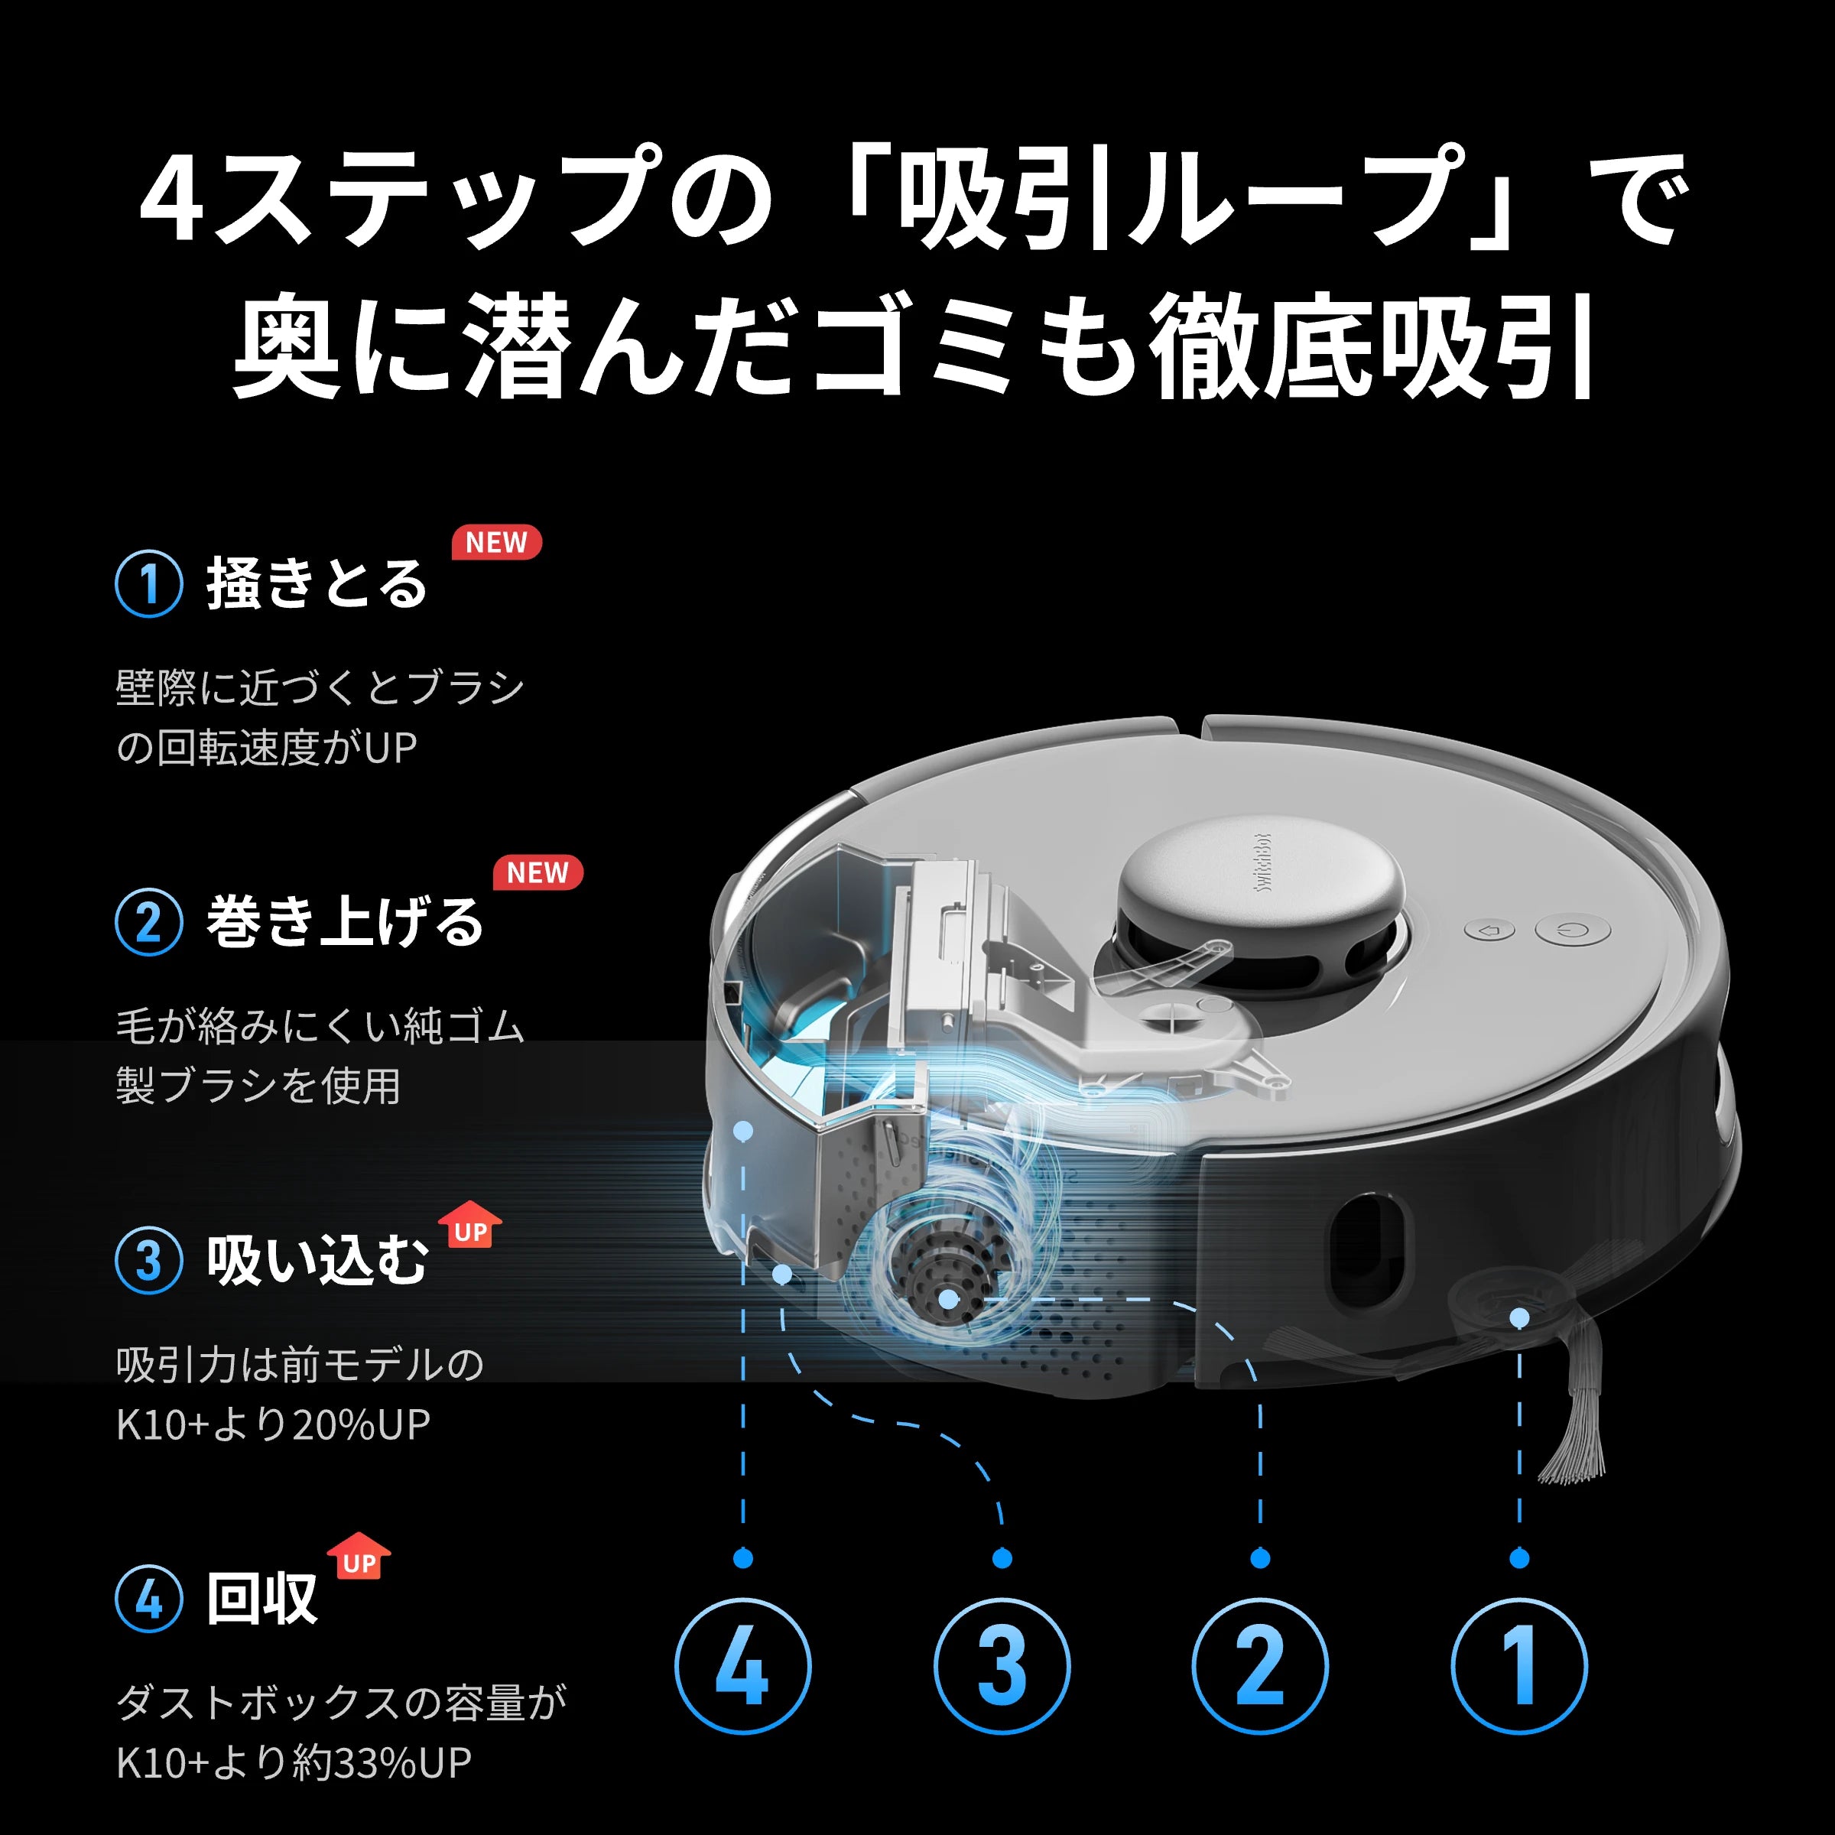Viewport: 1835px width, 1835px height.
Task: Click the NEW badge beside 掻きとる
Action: [x=495, y=542]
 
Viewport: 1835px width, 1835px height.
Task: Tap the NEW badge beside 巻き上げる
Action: [x=538, y=872]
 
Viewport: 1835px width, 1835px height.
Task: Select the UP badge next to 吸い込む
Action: [x=470, y=1226]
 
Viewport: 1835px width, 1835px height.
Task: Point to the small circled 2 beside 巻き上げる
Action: [x=149, y=921]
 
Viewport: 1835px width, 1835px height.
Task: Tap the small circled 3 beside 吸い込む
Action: [x=149, y=1260]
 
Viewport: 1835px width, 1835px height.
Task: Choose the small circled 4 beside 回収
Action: [x=149, y=1599]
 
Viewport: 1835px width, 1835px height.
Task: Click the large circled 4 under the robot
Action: [x=742, y=1666]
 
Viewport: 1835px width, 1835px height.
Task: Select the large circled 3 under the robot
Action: [x=1002, y=1666]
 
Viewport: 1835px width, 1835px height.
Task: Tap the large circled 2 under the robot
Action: [x=1260, y=1666]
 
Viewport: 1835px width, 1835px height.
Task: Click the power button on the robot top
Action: [x=1585, y=930]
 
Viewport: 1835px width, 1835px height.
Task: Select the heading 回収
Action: [x=261, y=1600]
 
